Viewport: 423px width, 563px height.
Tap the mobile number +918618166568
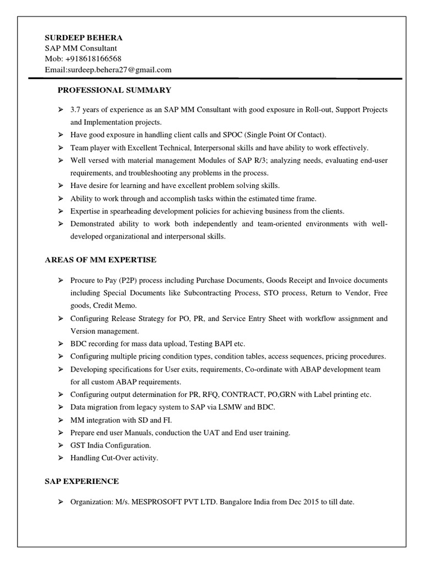91,59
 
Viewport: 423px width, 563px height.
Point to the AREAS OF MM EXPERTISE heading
101,259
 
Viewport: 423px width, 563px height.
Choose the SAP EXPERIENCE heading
82,481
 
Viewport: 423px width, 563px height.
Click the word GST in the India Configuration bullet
78,445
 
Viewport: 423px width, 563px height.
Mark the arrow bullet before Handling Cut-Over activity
61,457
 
